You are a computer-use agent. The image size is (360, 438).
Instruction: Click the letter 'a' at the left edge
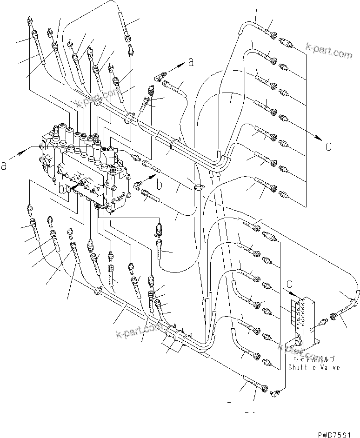click(x=4, y=165)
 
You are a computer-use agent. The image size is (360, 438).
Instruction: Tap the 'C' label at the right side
click(x=328, y=147)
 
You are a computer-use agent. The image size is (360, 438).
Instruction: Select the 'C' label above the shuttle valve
click(x=290, y=283)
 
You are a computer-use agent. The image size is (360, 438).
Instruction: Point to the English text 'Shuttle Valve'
click(x=313, y=367)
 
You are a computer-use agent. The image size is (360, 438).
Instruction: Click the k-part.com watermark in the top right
click(x=329, y=51)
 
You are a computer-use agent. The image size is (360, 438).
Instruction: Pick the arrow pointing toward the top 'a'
click(x=177, y=68)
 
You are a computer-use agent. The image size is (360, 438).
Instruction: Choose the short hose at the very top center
click(x=125, y=23)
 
